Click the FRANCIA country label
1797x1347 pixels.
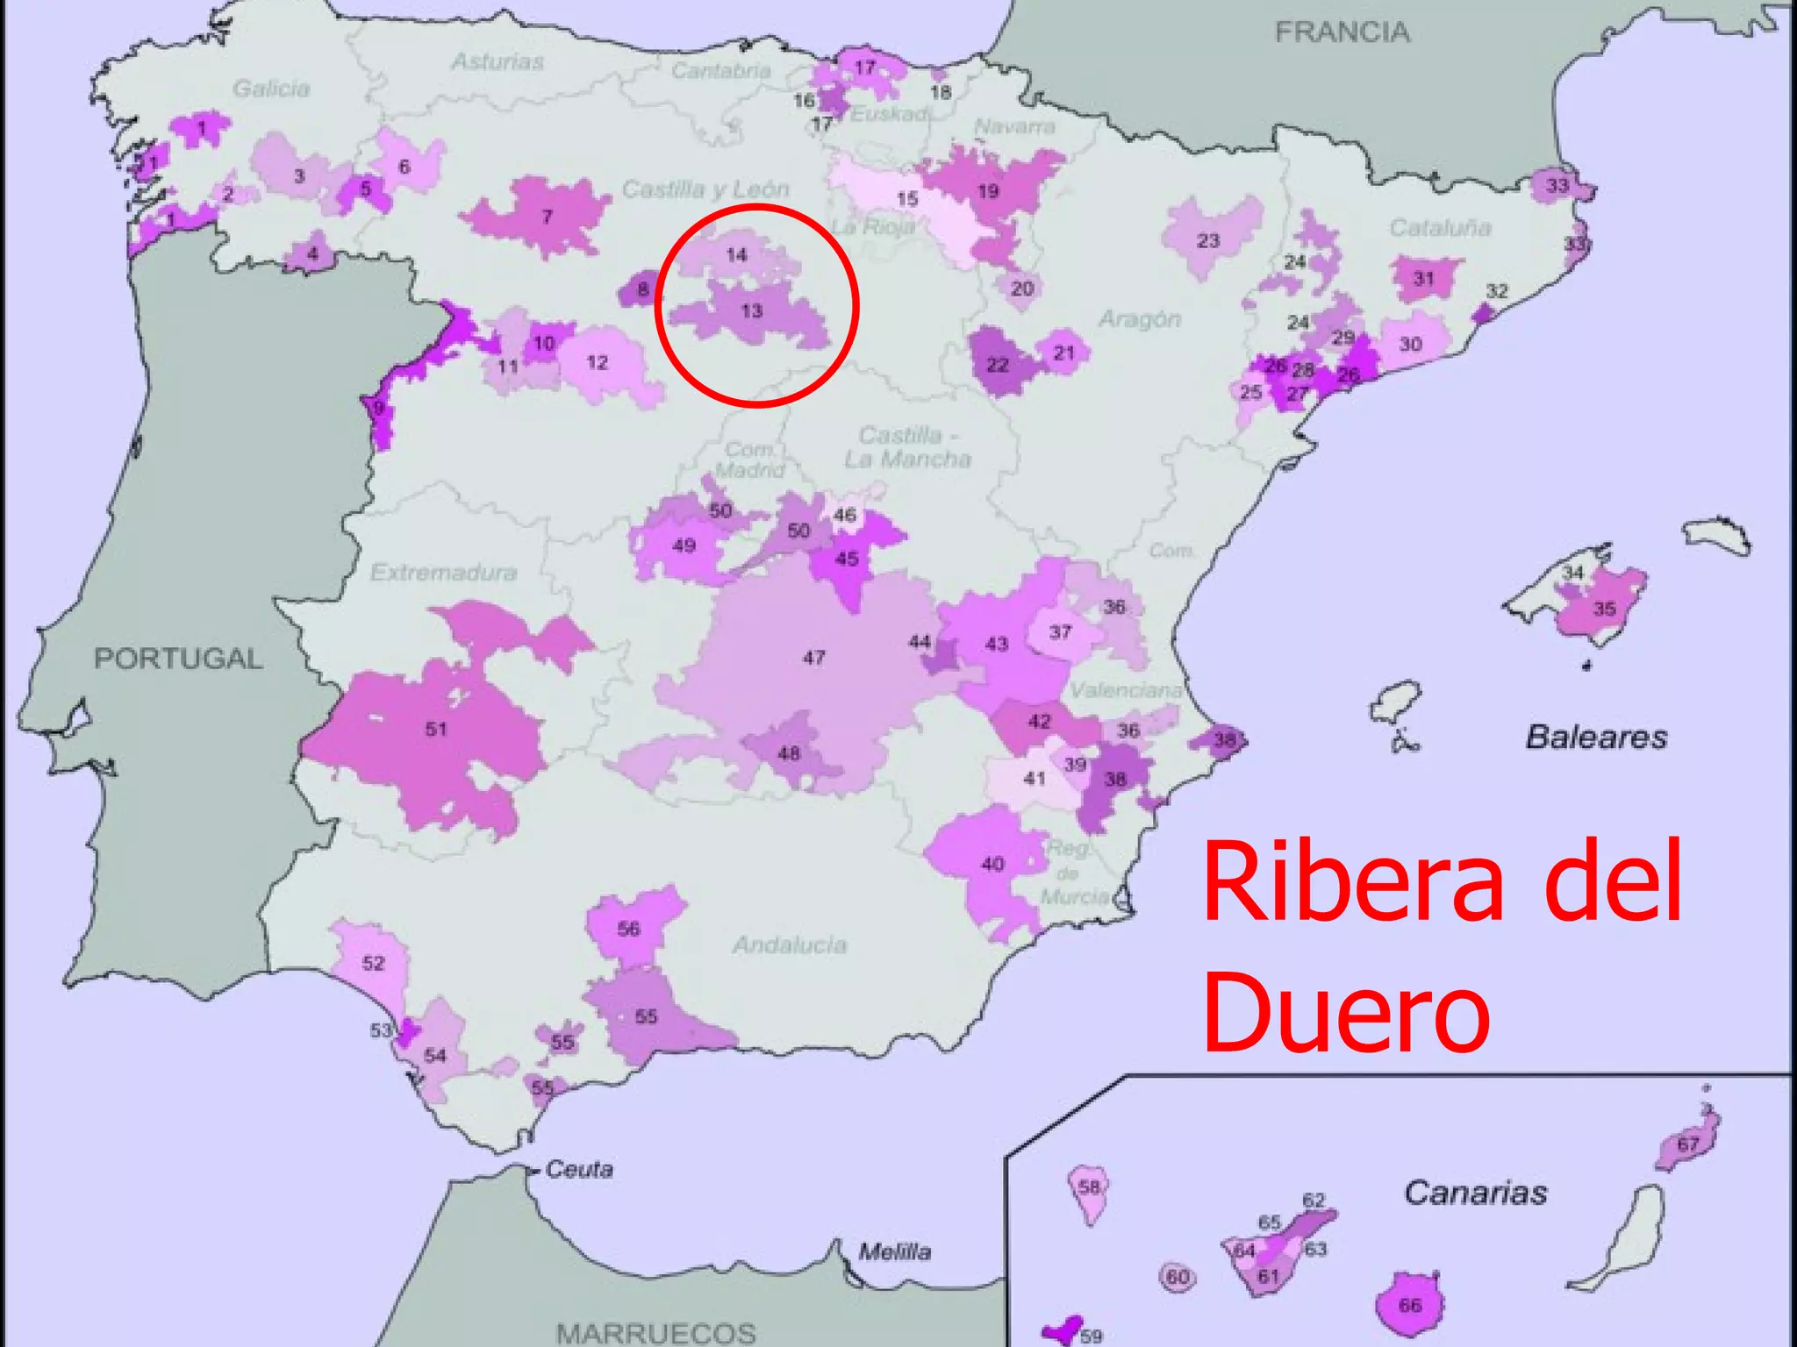click(1342, 32)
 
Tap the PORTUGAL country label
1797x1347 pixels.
click(178, 659)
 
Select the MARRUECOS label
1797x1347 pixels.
click(656, 1333)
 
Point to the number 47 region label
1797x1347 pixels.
click(813, 657)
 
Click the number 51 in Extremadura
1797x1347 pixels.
click(436, 729)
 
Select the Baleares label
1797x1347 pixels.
click(1596, 737)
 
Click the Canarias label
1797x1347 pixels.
click(1476, 1193)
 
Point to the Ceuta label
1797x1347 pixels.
click(579, 1169)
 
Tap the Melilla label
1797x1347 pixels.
click(894, 1251)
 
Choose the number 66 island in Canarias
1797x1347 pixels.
click(1409, 1305)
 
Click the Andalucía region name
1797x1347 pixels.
click(790, 944)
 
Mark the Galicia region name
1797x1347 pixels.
click(271, 89)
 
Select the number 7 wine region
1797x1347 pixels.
click(547, 217)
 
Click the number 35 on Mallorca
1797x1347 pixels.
click(1604, 609)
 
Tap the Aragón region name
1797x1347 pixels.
click(1139, 319)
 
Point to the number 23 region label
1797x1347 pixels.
click(1208, 240)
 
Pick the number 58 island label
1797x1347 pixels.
click(1089, 1187)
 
